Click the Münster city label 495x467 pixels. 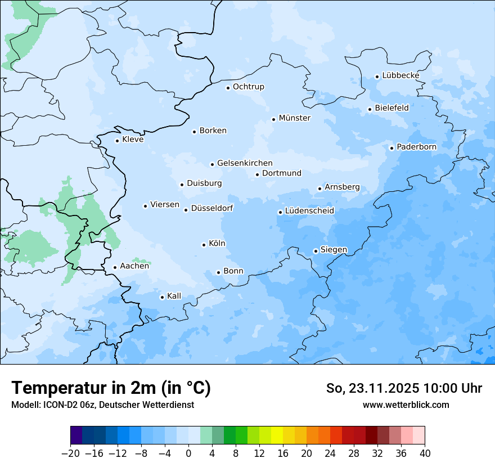[x=294, y=118]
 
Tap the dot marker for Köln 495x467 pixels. [x=204, y=245]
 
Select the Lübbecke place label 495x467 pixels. [x=400, y=75]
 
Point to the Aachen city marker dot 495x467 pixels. [x=115, y=268]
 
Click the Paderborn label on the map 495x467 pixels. [x=416, y=147]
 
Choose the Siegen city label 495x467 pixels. [x=334, y=250]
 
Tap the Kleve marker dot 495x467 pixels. [x=117, y=141]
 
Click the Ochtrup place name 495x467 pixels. [x=248, y=87]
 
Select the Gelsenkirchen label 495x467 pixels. [x=245, y=163]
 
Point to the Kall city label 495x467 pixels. [x=174, y=296]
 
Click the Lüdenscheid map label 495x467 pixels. [x=309, y=211]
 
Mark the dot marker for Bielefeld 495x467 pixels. [x=370, y=109]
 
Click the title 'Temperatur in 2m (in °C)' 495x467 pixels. [x=111, y=388]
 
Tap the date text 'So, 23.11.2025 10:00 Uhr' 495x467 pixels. [x=404, y=388]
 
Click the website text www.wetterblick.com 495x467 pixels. [x=406, y=405]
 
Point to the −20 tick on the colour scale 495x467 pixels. [x=70, y=453]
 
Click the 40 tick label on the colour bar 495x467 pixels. [x=425, y=453]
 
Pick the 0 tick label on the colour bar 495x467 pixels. [x=188, y=453]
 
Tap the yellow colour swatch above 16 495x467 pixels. [x=277, y=435]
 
